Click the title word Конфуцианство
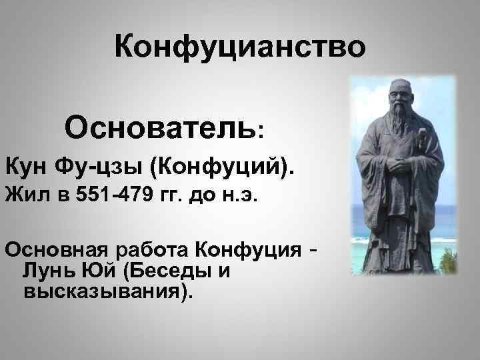pos(239,48)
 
